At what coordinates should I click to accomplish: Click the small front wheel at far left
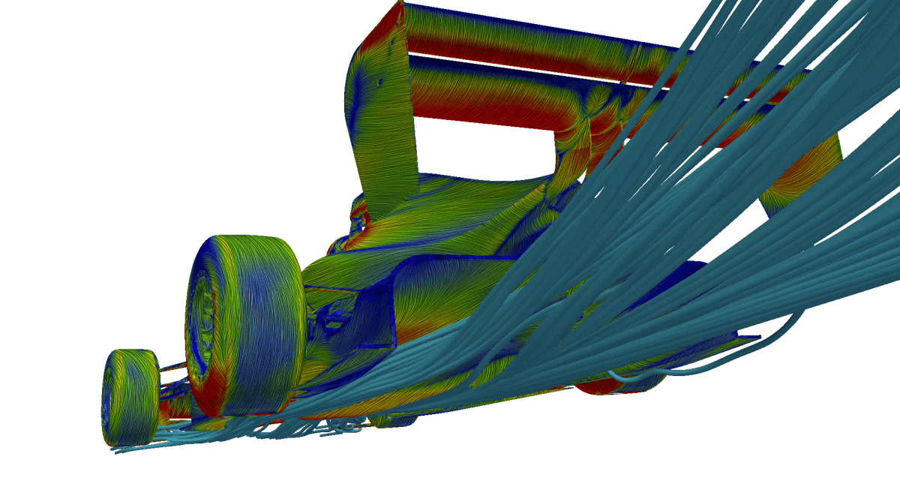[x=130, y=395]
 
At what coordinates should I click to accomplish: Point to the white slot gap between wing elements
[x=525, y=65]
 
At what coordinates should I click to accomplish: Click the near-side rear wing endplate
[x=382, y=143]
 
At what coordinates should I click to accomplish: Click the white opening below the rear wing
[x=480, y=146]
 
